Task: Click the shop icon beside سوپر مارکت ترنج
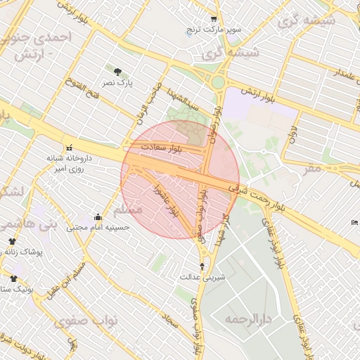coord(214,19)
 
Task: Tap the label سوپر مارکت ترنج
coord(214,30)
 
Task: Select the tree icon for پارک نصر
coord(117,71)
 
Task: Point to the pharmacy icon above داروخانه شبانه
coord(69,148)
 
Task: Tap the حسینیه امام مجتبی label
coord(98,228)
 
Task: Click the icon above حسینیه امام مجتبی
coord(98,217)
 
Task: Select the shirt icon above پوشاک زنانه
coord(12,241)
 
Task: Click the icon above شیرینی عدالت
coord(203,266)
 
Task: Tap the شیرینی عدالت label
coord(204,276)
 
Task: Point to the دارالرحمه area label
coord(248,319)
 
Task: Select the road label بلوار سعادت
coord(161,148)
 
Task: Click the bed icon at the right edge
coord(354,222)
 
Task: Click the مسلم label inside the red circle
coord(130,210)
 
